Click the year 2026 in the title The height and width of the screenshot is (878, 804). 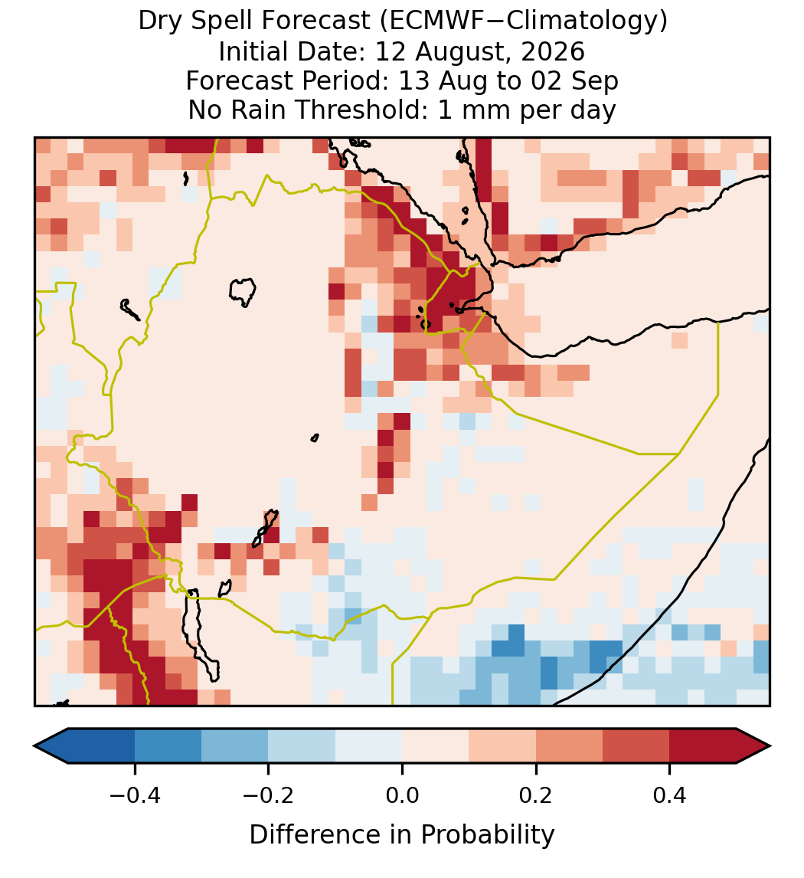click(553, 51)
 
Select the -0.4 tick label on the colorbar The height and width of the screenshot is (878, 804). click(135, 795)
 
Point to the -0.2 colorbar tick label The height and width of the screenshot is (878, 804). click(269, 795)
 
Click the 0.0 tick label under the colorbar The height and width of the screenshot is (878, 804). click(402, 795)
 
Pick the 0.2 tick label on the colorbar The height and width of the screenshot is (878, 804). click(536, 795)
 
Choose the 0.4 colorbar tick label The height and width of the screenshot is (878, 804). click(670, 795)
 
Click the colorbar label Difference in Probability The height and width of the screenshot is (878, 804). click(402, 835)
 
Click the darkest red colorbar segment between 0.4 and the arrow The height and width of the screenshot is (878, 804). click(703, 746)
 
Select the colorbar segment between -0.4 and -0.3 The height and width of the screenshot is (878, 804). click(168, 746)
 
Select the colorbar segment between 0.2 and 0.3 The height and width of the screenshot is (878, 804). click(569, 746)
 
